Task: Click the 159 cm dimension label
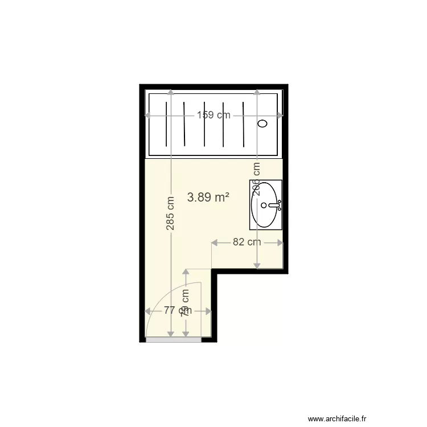pyautogui.click(x=213, y=115)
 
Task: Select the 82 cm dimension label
pyautogui.click(x=247, y=242)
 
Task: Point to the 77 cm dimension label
pyautogui.click(x=177, y=310)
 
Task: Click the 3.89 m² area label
pyautogui.click(x=208, y=198)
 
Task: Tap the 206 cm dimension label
pyautogui.click(x=257, y=179)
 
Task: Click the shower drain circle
pyautogui.click(x=263, y=124)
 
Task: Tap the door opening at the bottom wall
pyautogui.click(x=174, y=339)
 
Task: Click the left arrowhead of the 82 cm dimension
pyautogui.click(x=213, y=243)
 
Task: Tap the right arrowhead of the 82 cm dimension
pyautogui.click(x=281, y=243)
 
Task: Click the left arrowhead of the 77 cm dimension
pyautogui.click(x=148, y=311)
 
